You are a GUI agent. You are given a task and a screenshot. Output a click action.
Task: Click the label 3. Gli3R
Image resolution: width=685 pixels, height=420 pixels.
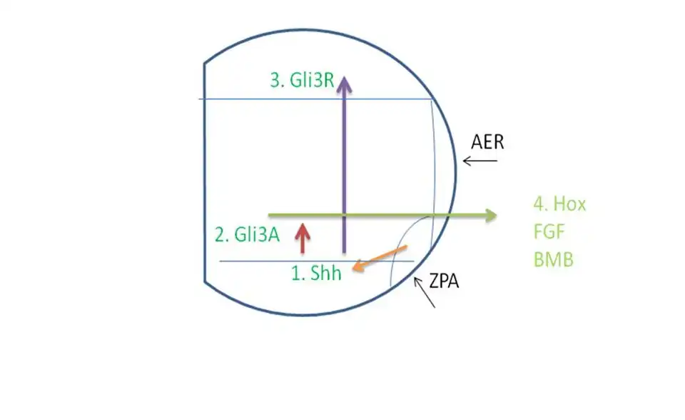click(x=303, y=80)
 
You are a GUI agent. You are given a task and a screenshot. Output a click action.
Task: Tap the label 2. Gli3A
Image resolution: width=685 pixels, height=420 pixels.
click(x=247, y=234)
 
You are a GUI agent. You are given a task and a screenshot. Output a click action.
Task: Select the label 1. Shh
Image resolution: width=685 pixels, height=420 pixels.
click(x=317, y=274)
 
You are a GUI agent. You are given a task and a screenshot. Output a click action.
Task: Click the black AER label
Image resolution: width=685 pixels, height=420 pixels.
click(x=487, y=142)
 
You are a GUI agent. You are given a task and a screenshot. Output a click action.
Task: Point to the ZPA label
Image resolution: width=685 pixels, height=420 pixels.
click(x=443, y=281)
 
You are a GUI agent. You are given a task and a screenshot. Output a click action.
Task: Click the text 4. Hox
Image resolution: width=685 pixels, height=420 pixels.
click(x=559, y=204)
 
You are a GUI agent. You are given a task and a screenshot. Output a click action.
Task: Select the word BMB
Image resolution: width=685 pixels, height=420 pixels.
click(x=553, y=259)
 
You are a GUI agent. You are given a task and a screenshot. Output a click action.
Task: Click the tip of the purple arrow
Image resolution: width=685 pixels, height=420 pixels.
click(x=345, y=77)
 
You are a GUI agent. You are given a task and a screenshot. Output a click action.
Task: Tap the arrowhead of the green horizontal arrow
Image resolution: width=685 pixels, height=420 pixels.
click(x=492, y=215)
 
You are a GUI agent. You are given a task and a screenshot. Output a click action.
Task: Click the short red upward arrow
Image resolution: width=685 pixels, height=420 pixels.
click(x=303, y=238)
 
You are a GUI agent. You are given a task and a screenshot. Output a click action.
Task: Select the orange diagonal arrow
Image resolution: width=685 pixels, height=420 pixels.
click(x=380, y=258)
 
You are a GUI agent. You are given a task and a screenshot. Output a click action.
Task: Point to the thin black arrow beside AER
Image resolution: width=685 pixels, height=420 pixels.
click(x=480, y=161)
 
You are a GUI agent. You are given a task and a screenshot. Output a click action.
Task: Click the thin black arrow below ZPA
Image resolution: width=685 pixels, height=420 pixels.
click(x=425, y=293)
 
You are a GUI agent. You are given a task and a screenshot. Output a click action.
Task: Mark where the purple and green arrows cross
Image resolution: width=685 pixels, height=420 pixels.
click(x=345, y=215)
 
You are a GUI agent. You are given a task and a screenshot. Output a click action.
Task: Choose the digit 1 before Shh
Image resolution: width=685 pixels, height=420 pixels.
click(x=295, y=274)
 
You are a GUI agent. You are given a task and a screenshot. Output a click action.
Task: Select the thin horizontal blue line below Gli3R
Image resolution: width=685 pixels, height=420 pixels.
click(x=250, y=99)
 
